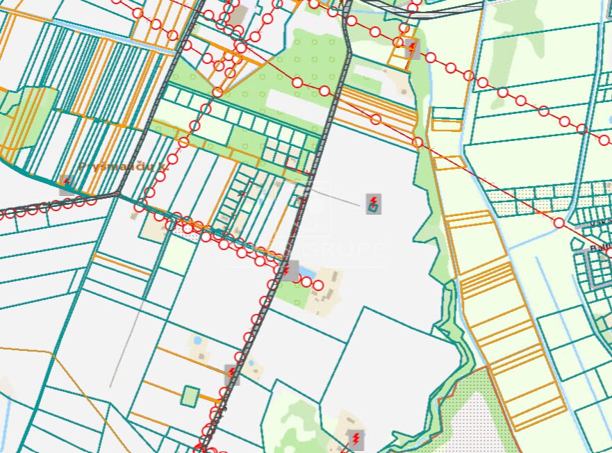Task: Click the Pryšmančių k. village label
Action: pyautogui.click(x=124, y=167)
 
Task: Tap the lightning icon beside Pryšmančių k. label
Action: pyautogui.click(x=67, y=183)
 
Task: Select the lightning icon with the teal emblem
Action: pyautogui.click(x=374, y=204)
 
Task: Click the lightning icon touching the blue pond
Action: pyautogui.click(x=289, y=270)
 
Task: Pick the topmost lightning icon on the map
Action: pyautogui.click(x=412, y=49)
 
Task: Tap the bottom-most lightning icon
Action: pyautogui.click(x=356, y=438)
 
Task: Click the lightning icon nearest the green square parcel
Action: pyautogui.click(x=231, y=374)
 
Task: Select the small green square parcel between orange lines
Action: pyautogui.click(x=190, y=396)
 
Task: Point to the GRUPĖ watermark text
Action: pyautogui.click(x=347, y=249)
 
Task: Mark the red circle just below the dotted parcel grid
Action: pyautogui.click(x=559, y=222)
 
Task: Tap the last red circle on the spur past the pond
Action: pyautogui.click(x=318, y=285)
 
